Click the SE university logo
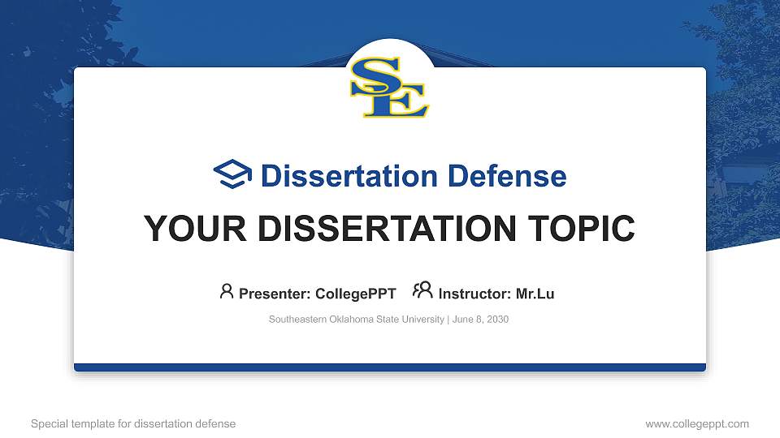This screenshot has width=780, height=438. (390, 88)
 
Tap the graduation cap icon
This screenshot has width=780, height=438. (232, 175)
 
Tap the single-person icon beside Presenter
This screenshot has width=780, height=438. (227, 291)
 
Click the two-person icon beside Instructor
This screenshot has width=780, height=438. (422, 291)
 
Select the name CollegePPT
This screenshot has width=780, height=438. (356, 294)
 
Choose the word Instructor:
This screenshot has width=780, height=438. (474, 294)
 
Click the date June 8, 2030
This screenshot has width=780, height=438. (480, 320)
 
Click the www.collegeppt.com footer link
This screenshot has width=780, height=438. (696, 423)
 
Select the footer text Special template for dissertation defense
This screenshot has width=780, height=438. (133, 423)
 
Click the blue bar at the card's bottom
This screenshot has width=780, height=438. (390, 367)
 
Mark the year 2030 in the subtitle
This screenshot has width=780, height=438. (496, 320)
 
